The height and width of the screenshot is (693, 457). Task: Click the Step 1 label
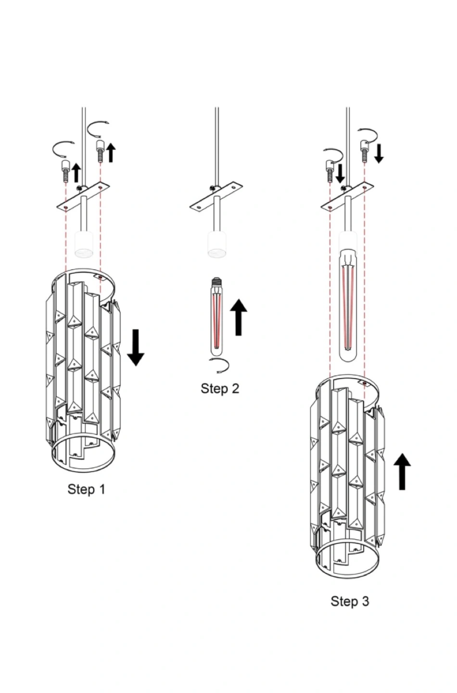pos(86,489)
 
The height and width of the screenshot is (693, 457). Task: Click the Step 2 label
pos(220,388)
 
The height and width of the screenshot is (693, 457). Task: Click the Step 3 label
pos(350,602)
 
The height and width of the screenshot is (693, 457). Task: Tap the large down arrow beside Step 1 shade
pos(136,347)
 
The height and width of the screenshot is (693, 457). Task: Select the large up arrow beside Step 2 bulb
pos(239,317)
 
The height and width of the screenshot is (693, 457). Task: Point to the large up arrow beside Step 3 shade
pos(402,472)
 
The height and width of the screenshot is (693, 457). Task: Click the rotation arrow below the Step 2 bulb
pos(219,366)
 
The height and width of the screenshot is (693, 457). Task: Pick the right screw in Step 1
pos(100,152)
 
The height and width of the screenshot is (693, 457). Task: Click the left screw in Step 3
pos(330,171)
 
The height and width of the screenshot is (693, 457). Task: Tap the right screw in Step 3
pos(365,151)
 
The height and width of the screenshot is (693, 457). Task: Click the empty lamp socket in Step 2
pos(217,244)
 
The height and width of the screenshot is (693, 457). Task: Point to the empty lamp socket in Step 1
pos(84,244)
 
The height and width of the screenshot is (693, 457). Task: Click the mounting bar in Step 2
pos(216,198)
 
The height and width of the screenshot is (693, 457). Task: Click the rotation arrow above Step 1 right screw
pos(98,129)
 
